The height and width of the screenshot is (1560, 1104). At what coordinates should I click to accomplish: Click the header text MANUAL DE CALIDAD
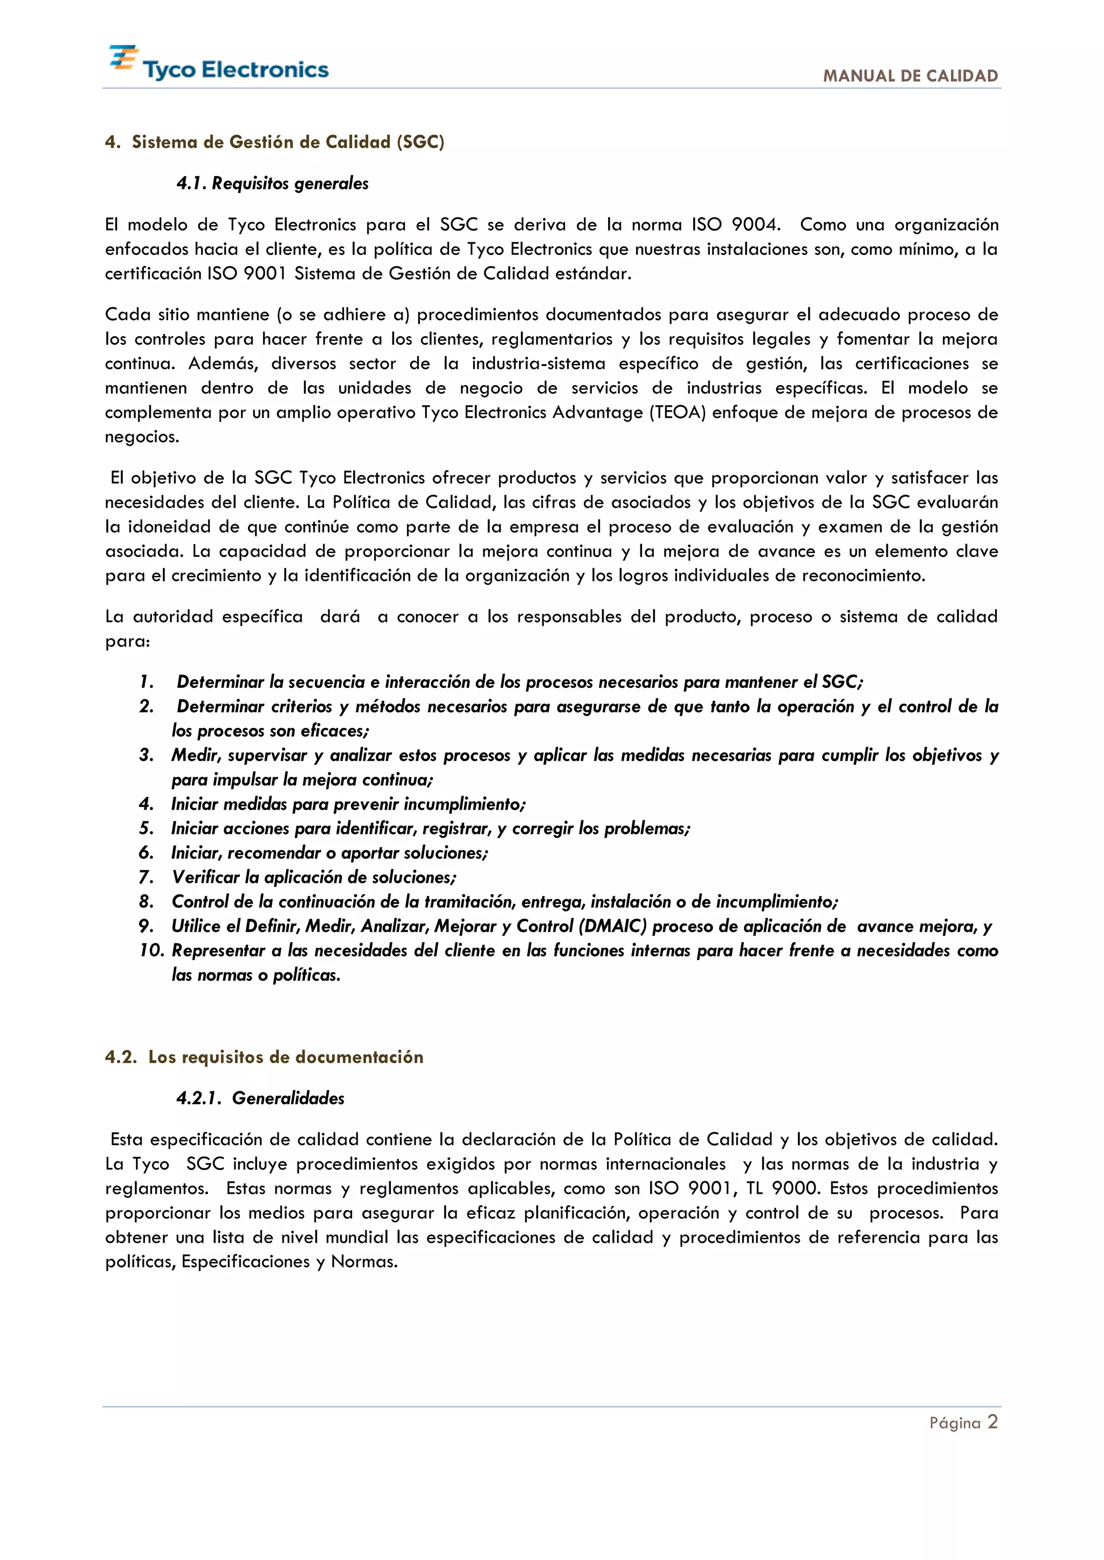(x=910, y=76)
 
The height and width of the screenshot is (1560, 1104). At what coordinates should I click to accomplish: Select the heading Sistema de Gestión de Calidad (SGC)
(x=287, y=142)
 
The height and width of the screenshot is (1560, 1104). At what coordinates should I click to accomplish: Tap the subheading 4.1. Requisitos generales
(x=273, y=184)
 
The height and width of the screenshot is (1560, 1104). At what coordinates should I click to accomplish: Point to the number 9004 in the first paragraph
(x=754, y=225)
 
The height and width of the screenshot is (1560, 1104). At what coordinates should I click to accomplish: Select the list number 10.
(x=152, y=951)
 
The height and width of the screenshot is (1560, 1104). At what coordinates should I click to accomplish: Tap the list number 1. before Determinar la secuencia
(x=146, y=681)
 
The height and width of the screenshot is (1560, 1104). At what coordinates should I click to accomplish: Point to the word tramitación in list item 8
(x=470, y=902)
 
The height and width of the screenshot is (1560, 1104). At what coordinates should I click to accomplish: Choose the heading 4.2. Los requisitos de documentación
(x=265, y=1057)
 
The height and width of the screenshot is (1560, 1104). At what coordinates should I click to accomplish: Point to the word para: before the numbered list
(x=127, y=642)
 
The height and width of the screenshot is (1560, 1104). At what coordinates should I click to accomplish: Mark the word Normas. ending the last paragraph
(x=364, y=1262)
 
